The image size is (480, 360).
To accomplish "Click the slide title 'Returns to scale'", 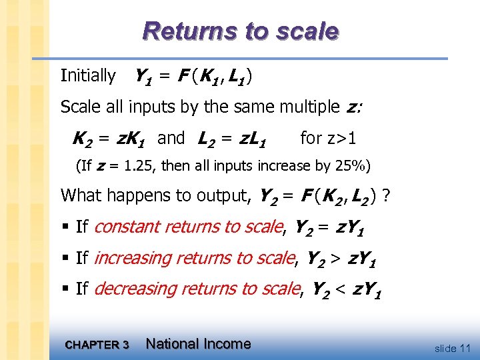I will coord(241,31).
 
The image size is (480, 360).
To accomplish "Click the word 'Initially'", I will coord(88,76).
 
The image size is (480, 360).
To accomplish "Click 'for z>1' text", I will coord(328,138).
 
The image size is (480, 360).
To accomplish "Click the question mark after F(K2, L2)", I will coord(387,195).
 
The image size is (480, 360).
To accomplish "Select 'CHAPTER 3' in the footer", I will coord(97,345).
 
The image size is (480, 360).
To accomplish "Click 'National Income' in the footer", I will coord(198,344).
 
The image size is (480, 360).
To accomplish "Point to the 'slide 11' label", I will coord(452,348).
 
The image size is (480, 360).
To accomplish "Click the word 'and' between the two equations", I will coord(171,138).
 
